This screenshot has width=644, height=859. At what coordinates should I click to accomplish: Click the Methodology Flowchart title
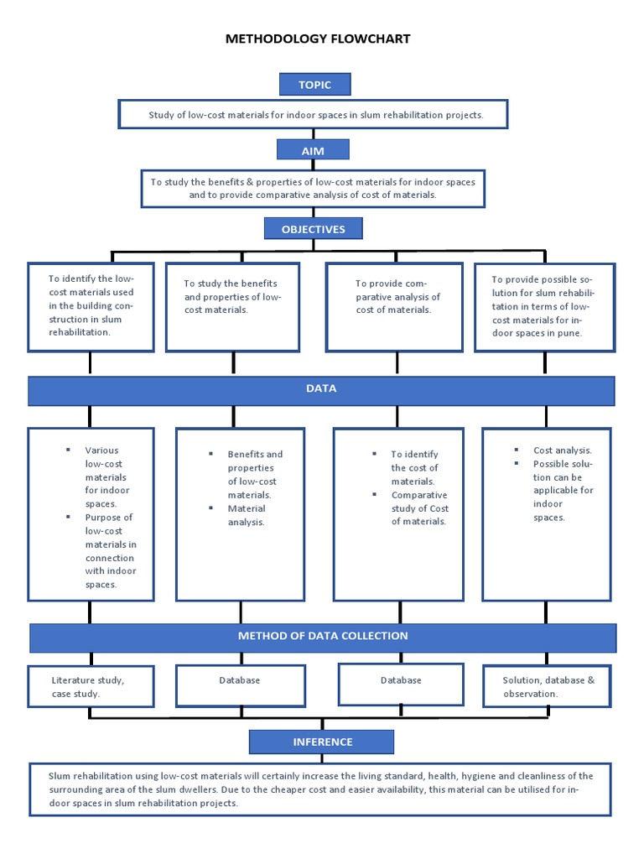tap(318, 39)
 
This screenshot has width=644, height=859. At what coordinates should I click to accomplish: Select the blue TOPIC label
tap(314, 85)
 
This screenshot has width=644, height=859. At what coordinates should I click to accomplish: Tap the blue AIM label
tap(313, 149)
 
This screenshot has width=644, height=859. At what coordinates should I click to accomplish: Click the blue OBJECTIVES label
tap(314, 229)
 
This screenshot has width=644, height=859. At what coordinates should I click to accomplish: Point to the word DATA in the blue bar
tap(321, 389)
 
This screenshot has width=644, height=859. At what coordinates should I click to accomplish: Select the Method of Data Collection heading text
tap(323, 636)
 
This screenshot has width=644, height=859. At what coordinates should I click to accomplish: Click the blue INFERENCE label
tap(322, 742)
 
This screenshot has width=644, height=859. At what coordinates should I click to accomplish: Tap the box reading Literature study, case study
tap(91, 686)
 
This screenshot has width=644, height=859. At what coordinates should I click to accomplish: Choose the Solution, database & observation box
tap(548, 686)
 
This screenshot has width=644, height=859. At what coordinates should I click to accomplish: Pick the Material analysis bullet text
tap(247, 515)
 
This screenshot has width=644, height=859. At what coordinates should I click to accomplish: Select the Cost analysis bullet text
tap(562, 450)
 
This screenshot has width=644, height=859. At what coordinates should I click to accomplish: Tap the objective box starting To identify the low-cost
tap(91, 306)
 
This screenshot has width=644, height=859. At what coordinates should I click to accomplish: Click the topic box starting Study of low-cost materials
tap(314, 115)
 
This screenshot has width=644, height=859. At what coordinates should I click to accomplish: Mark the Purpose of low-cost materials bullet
tap(110, 551)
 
